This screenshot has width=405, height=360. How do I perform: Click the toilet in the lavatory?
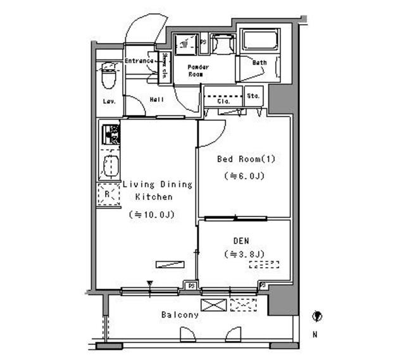click(x=108, y=77)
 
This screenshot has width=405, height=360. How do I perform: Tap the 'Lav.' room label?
click(x=108, y=102)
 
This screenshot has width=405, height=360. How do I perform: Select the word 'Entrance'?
click(x=139, y=61)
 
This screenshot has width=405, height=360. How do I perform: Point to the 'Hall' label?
click(x=157, y=99)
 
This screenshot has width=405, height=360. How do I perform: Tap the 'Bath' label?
click(x=259, y=63)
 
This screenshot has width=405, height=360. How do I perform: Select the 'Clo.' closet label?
click(x=223, y=101)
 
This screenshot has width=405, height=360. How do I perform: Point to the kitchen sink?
click(x=111, y=166)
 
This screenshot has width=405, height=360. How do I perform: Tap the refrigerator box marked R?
click(x=108, y=194)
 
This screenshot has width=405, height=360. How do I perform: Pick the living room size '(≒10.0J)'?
click(x=152, y=214)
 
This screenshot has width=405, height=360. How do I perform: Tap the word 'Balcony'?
click(x=180, y=314)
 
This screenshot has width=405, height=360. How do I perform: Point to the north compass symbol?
click(x=316, y=316)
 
